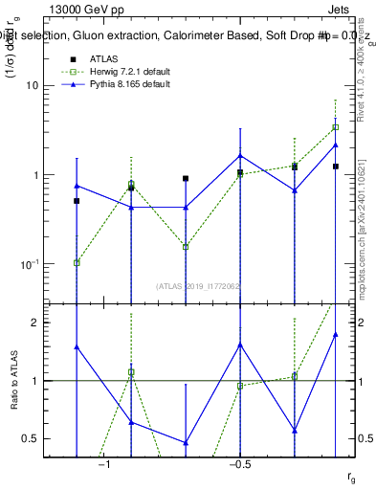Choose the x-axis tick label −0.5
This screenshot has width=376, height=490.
point(240,465)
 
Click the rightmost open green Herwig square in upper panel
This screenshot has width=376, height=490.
point(336,127)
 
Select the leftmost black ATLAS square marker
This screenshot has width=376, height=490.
point(77,201)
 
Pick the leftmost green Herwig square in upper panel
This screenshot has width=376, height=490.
point(77,262)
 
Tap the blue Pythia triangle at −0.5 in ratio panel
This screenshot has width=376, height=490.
point(240,345)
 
